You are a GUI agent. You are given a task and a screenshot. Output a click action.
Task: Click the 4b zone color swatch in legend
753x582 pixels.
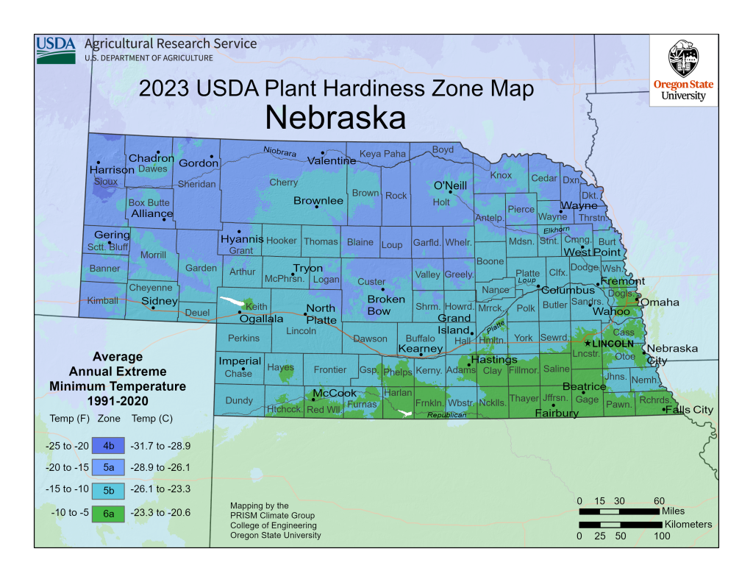pyautogui.click(x=109, y=445)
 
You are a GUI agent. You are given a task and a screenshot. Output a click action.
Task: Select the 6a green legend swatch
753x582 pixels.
pyautogui.click(x=109, y=511)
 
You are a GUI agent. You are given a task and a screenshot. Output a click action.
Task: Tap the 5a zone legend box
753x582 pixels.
pyautogui.click(x=109, y=467)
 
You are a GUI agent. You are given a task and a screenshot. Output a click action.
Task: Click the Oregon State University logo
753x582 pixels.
pyautogui.click(x=684, y=71)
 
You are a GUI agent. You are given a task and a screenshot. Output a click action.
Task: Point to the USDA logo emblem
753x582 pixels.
pyautogui.click(x=56, y=49)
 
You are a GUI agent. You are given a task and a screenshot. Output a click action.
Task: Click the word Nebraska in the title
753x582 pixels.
pyautogui.click(x=335, y=118)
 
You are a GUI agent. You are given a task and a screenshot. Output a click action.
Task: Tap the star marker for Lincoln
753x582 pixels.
pyautogui.click(x=587, y=344)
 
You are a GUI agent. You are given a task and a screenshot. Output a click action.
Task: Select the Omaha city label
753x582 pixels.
pyautogui.click(x=660, y=302)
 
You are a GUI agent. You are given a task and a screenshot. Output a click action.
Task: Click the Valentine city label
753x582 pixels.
pyautogui.click(x=332, y=160)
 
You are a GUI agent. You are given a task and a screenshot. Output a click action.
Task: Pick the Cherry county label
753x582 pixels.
pyautogui.click(x=283, y=182)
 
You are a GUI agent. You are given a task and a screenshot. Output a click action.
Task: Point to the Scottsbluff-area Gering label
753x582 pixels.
pyautogui.click(x=112, y=235)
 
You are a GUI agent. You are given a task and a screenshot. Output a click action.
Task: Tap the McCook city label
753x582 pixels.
pyautogui.click(x=335, y=394)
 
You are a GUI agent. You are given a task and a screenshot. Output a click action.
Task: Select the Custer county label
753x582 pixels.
pyautogui.click(x=371, y=282)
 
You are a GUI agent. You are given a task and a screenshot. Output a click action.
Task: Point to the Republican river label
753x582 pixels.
pyautogui.click(x=448, y=416)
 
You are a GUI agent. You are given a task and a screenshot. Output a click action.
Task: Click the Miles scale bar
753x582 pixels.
pyautogui.click(x=619, y=511)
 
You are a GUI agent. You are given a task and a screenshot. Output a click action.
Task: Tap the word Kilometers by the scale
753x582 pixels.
pyautogui.click(x=688, y=525)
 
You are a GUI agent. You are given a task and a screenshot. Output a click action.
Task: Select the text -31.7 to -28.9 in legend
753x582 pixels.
pyautogui.click(x=160, y=445)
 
